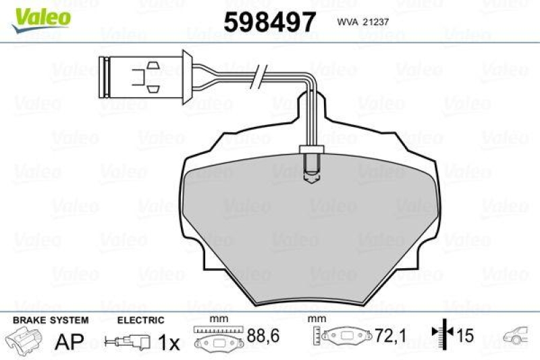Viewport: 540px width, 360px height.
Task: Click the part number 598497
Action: coord(269,22)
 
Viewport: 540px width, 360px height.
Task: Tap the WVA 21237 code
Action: coord(360,22)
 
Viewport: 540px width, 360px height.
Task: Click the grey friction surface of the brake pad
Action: coord(310,223)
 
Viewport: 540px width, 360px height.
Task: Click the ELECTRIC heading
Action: coord(140,319)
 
